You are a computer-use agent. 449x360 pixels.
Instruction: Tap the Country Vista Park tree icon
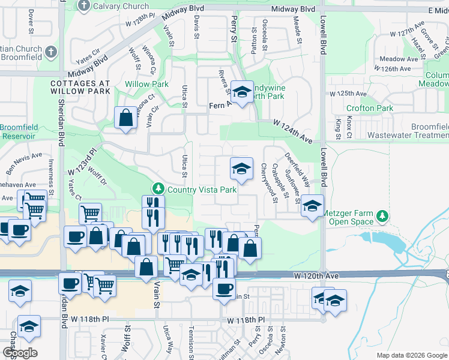158,189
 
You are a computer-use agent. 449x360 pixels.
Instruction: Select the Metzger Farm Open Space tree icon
380,215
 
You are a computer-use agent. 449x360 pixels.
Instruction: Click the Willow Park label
146,85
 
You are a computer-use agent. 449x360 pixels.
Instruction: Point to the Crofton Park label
369,109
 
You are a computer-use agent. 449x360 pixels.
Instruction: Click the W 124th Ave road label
292,131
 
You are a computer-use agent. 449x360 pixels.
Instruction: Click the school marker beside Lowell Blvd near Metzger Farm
312,206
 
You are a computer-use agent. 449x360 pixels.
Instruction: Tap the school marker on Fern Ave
242,92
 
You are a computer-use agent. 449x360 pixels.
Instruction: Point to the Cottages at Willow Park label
80,86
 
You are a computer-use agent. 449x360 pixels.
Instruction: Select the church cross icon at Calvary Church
84,7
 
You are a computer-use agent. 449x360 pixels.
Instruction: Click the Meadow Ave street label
399,59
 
